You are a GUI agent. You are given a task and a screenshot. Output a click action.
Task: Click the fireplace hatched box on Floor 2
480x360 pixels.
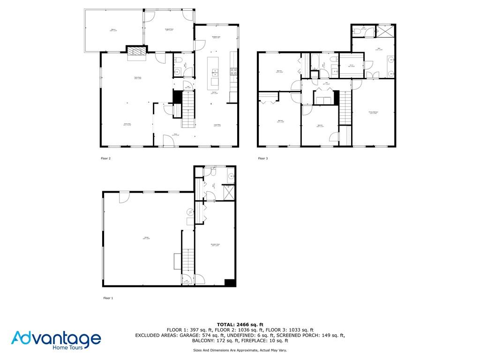(x=136, y=51)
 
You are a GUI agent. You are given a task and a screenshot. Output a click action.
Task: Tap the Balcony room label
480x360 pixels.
(x=113, y=30)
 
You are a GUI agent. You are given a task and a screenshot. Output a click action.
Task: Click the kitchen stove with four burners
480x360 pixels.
(x=233, y=71)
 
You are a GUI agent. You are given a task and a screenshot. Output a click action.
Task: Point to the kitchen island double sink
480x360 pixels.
(x=215, y=72)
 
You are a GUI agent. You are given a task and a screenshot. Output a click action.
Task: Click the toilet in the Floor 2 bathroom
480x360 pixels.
(x=178, y=61)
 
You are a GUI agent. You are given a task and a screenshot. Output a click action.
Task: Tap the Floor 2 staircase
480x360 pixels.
(x=188, y=109)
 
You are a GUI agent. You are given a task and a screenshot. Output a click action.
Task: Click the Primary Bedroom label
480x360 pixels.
(x=373, y=112)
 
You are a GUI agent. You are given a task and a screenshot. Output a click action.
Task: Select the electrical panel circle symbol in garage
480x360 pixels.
(x=189, y=212)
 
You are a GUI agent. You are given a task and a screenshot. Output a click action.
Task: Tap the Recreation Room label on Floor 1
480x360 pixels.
(x=216, y=244)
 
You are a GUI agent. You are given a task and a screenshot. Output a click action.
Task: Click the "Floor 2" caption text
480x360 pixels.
(x=105, y=158)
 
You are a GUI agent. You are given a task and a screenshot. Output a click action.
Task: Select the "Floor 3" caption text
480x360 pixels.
(x=262, y=158)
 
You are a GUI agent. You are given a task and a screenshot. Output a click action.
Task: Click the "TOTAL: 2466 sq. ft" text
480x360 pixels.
(x=240, y=324)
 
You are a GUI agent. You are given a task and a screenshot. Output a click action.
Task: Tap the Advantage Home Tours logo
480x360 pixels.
(x=56, y=340)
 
